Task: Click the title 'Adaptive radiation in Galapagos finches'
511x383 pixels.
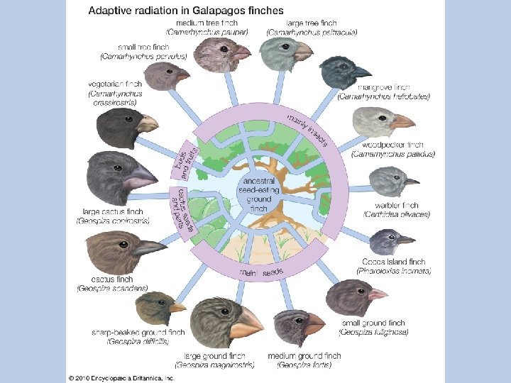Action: tap(185, 11)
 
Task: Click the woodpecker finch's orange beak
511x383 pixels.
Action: tap(402, 121)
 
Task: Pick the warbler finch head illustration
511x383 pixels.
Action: tap(392, 181)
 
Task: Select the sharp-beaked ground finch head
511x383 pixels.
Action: tap(160, 308)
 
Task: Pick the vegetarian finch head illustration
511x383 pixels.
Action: tap(122, 128)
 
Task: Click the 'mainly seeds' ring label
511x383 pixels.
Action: tap(261, 272)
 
